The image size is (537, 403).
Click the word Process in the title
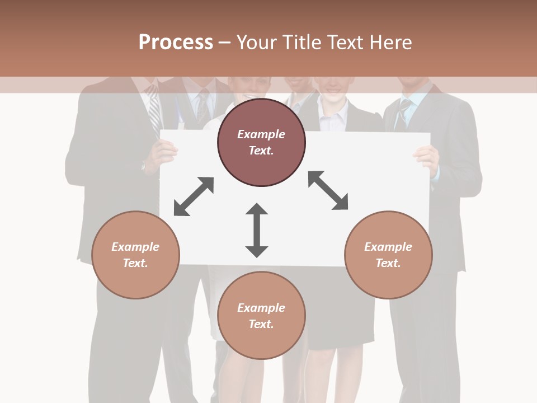(176, 43)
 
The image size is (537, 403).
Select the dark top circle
(261, 143)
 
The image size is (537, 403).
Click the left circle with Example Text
(135, 255)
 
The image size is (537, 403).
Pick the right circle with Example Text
(388, 255)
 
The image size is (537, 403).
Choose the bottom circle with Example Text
(261, 316)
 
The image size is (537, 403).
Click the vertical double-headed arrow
(257, 230)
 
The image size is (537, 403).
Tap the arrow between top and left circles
(194, 196)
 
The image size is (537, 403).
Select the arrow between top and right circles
(328, 190)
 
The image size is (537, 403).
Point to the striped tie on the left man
(154, 112)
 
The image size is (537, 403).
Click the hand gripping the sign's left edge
(163, 152)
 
